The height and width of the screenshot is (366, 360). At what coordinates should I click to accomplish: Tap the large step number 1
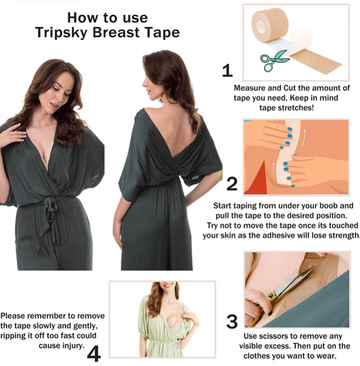(227, 71)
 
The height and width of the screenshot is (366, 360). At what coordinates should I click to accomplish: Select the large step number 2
(232, 184)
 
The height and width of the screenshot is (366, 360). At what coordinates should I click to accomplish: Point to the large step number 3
(232, 322)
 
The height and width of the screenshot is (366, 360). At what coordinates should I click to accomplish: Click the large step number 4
(94, 353)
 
